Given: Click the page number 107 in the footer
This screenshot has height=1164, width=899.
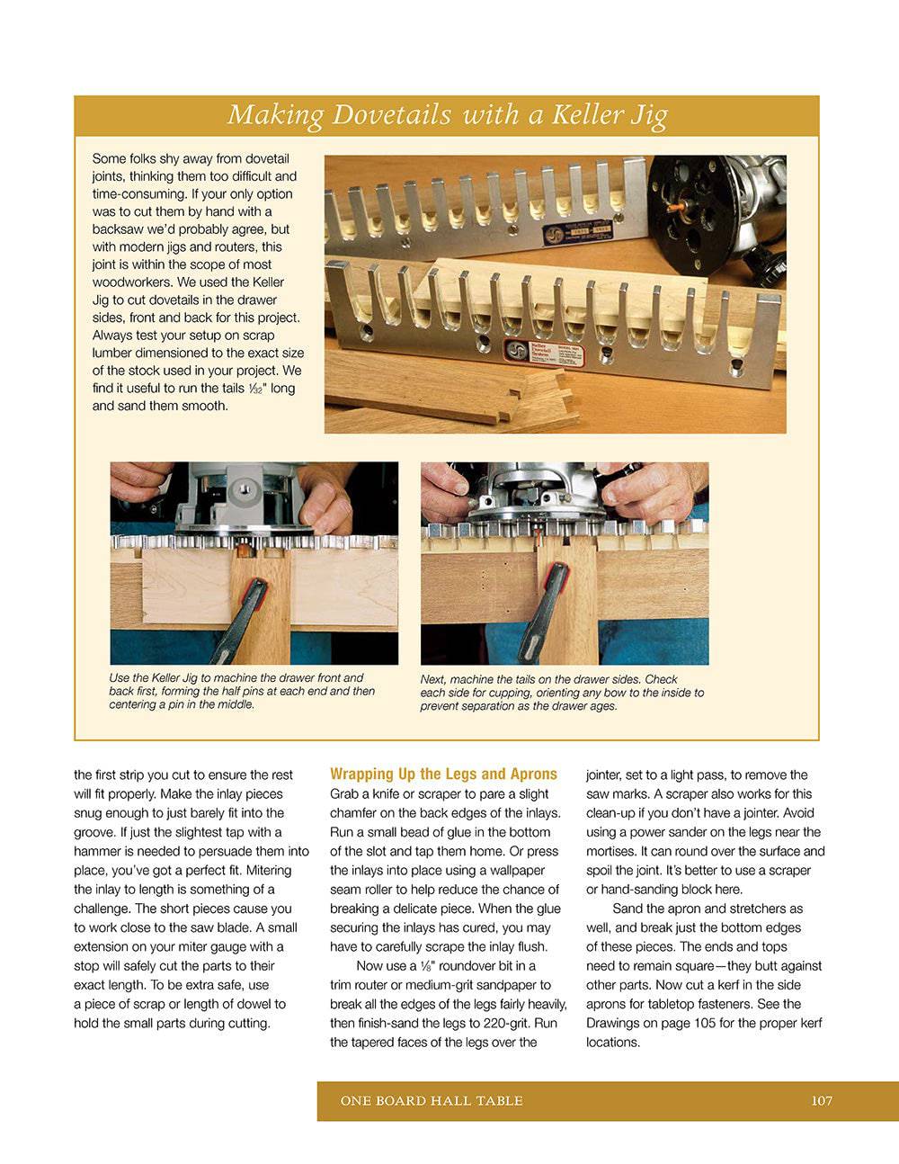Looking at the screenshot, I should pyautogui.click(x=822, y=1101).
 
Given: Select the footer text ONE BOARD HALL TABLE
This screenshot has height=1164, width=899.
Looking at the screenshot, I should pyautogui.click(x=432, y=1101).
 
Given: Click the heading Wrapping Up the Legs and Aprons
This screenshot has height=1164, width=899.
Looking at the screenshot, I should pyautogui.click(x=443, y=774).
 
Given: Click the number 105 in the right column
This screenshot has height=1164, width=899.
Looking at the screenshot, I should pyautogui.click(x=707, y=1024).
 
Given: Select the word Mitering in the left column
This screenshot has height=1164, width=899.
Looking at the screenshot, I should pyautogui.click(x=268, y=870).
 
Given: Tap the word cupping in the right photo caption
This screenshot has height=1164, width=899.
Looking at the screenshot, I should pyautogui.click(x=507, y=693).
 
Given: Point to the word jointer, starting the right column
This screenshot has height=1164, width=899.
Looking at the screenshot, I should pyautogui.click(x=606, y=775).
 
